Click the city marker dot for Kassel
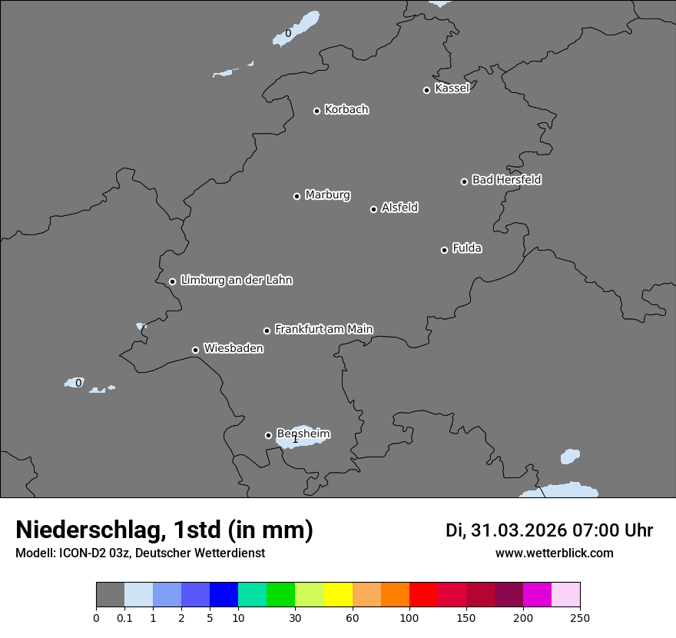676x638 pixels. pos(426,90)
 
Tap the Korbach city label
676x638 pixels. pos(346,110)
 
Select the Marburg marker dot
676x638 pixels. pos(297,196)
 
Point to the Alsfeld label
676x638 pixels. pos(399,208)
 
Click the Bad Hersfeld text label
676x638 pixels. pos(506,180)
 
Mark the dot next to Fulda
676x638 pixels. pos(444,250)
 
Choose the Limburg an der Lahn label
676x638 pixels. pos(236,280)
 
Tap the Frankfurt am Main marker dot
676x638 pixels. pos(267,331)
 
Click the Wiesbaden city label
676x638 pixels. pos(233,348)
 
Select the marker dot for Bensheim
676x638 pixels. pos(268,435)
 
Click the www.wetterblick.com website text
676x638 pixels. pos(554,553)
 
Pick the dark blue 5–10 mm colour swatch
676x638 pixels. pos(224,595)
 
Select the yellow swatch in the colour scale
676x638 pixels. pos(338,595)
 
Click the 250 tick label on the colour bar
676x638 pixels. pos(580,617)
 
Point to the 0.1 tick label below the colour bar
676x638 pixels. pos(124,617)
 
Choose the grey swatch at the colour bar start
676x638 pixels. pos(110,595)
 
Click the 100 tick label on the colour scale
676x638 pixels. pos(409,617)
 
